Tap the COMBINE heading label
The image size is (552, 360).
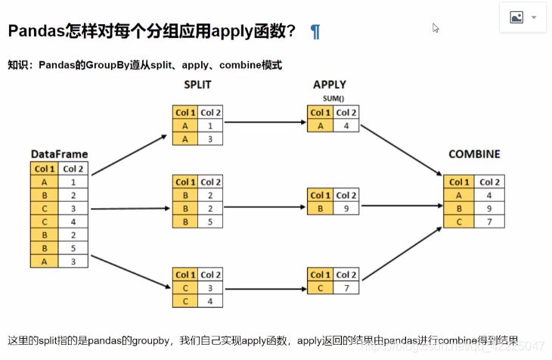(474, 154)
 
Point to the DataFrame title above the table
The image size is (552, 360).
(60, 154)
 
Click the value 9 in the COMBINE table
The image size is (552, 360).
(489, 208)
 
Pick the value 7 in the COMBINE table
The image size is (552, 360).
(489, 221)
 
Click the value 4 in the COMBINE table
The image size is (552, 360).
(489, 195)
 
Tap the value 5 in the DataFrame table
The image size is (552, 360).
(73, 247)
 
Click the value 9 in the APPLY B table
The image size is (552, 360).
(345, 208)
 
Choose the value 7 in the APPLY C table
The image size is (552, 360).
(345, 287)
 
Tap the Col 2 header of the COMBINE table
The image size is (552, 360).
(489, 182)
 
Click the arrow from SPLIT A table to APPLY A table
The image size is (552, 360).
(265, 121)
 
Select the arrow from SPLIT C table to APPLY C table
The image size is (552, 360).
(265, 287)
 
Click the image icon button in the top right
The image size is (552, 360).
(516, 17)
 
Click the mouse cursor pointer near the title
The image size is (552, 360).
(436, 28)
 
